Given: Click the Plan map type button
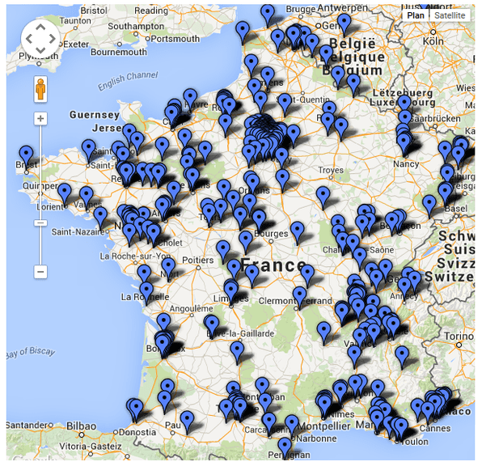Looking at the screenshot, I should (x=416, y=15).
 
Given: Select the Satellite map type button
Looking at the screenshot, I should (x=450, y=15).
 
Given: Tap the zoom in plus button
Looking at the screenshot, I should (x=40, y=119).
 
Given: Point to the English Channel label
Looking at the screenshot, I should (x=128, y=81).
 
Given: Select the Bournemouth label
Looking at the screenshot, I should (x=119, y=52).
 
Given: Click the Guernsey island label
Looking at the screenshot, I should (x=95, y=115).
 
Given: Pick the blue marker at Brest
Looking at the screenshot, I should (x=27, y=154).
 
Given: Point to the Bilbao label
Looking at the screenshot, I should (x=82, y=425).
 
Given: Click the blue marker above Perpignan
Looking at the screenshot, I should (x=284, y=446).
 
